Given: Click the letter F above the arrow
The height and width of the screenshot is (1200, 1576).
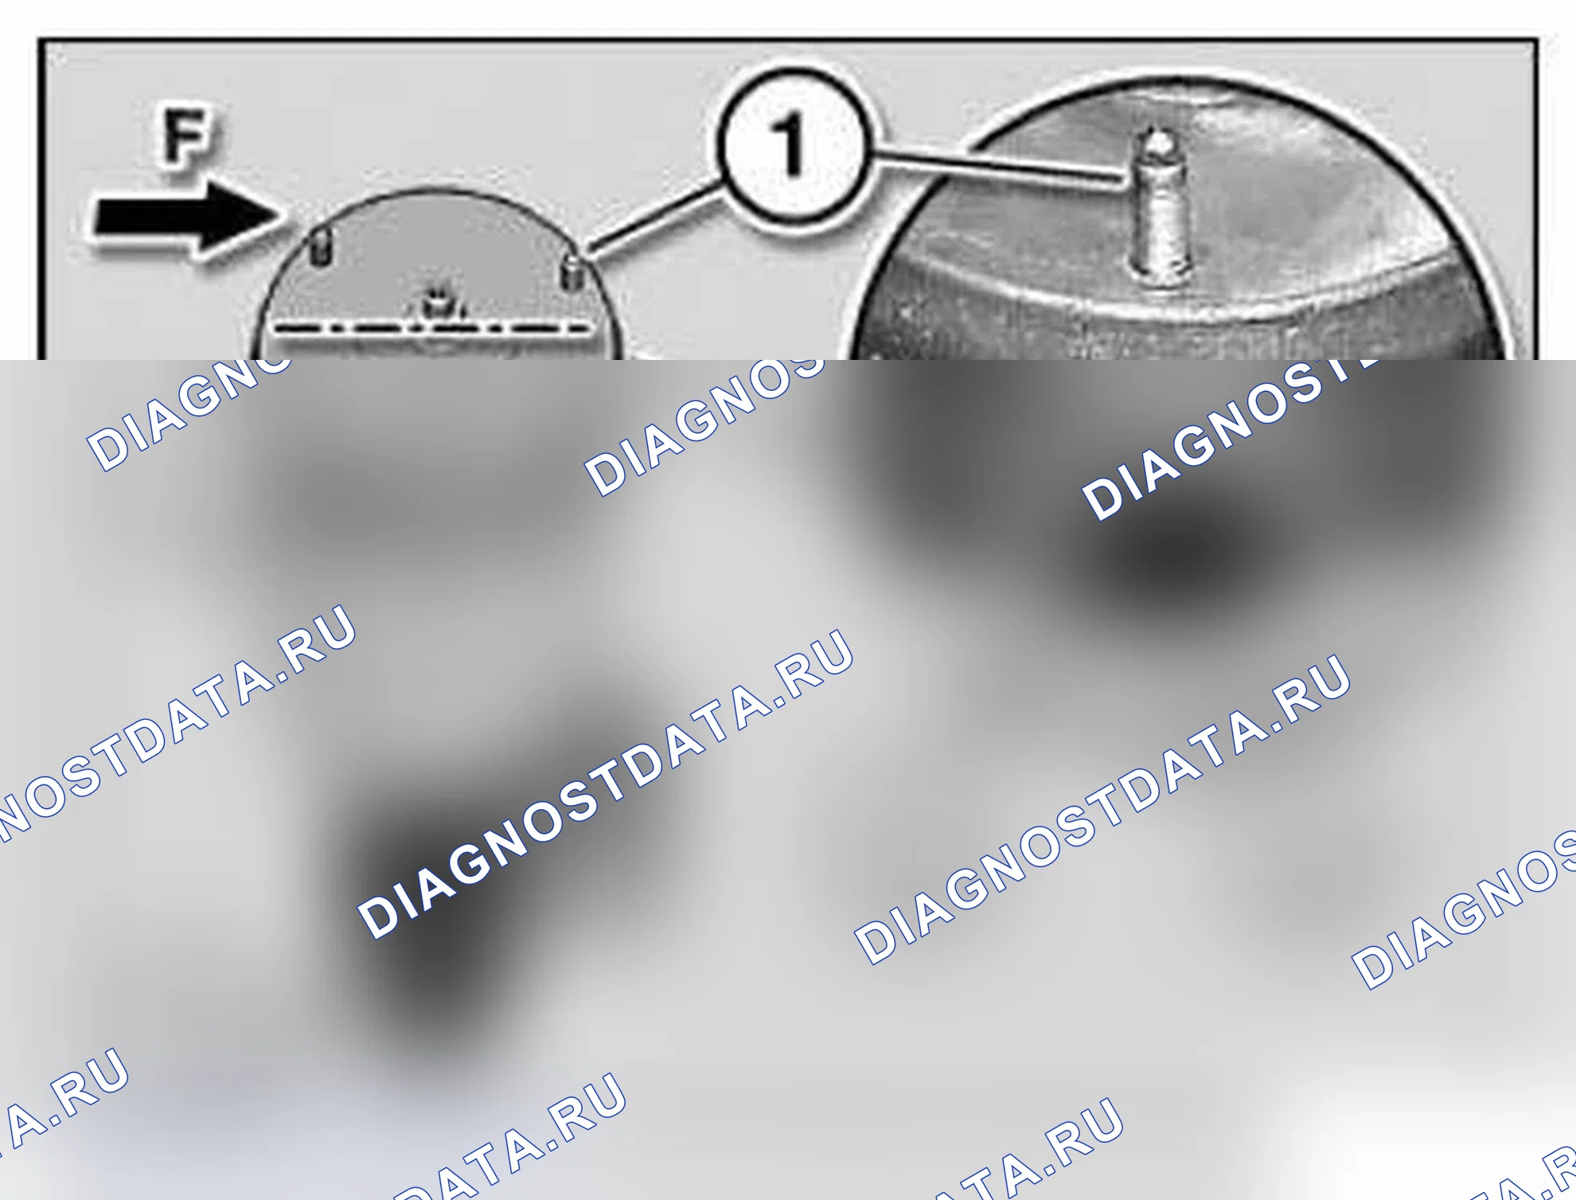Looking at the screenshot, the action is [x=186, y=137].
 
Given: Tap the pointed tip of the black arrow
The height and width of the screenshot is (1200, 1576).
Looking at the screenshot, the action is [x=283, y=213].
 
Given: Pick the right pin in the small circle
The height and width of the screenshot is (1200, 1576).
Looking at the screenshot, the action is [x=572, y=273].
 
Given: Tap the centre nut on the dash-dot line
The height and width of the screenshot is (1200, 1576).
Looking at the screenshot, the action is [x=434, y=307].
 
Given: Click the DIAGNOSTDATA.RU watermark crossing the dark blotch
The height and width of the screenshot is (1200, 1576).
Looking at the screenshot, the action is [x=606, y=784].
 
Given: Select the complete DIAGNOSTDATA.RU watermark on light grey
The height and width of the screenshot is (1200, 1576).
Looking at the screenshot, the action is [x=1102, y=809].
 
